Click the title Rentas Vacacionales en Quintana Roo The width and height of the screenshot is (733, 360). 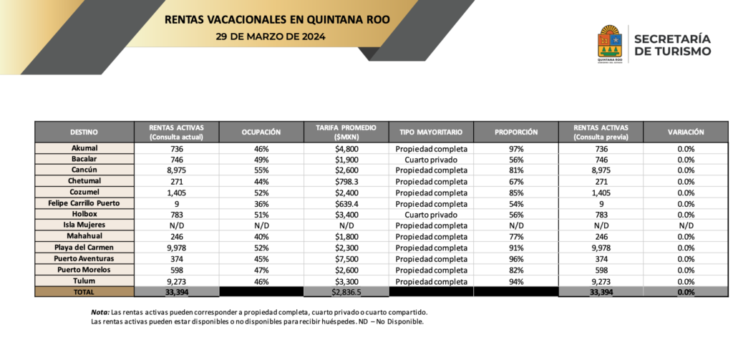277,19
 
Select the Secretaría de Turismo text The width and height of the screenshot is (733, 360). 672,44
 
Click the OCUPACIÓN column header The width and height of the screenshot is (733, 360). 261,132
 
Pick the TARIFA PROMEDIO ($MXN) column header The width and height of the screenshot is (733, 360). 346,132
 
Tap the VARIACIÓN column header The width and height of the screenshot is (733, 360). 686,132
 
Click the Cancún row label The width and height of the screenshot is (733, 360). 84,170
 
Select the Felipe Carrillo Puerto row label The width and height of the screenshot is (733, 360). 84,203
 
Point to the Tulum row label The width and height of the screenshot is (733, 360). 84,281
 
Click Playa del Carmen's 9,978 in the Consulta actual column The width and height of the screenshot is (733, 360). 177,248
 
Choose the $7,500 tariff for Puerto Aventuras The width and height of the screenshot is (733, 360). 346,259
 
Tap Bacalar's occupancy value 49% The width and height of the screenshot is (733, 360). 261,160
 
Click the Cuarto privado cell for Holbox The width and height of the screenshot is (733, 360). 431,215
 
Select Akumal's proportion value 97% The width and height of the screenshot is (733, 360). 515,148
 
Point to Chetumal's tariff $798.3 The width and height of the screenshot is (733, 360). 346,182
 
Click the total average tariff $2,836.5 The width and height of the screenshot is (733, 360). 346,292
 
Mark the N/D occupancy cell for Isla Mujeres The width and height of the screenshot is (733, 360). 261,225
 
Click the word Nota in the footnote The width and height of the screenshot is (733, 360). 99,313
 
